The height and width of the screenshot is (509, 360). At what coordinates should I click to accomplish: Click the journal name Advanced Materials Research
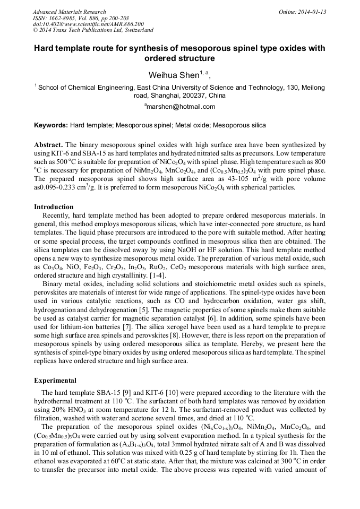point(69,12)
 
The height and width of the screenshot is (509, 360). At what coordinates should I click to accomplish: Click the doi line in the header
point(88,24)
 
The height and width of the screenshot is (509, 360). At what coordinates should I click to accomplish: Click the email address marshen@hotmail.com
point(180,106)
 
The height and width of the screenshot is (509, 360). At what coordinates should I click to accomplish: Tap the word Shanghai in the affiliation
point(164,96)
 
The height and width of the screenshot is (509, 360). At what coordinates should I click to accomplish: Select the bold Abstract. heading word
point(48,144)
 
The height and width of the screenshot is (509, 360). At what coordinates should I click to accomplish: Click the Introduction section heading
point(54,206)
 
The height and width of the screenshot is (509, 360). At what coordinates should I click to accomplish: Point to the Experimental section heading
point(55,380)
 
